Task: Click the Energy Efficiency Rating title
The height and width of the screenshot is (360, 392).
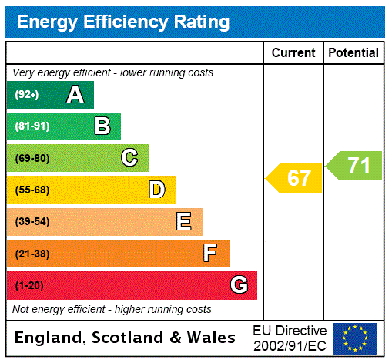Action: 123,22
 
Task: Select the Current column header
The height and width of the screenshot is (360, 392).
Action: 293,53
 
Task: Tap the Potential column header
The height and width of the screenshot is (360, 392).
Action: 353,53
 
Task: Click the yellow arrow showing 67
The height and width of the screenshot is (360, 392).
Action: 296,178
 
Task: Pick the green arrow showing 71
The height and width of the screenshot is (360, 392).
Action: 355,166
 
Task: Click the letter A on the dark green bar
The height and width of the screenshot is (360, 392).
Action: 75,95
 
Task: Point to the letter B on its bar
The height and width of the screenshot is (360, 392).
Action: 102,126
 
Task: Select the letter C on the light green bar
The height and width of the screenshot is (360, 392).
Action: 129,158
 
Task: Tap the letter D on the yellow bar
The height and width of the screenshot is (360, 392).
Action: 156,190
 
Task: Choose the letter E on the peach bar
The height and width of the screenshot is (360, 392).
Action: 184,222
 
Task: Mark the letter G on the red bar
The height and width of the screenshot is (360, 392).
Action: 239,285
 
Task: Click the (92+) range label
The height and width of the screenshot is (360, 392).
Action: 26,96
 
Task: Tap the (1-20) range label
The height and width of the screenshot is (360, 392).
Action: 29,286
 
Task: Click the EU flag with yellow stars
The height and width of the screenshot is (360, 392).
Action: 355,338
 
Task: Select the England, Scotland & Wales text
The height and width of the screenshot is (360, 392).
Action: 126,338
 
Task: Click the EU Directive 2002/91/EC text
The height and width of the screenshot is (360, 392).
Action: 290,338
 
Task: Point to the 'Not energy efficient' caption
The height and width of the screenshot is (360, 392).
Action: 112,309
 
